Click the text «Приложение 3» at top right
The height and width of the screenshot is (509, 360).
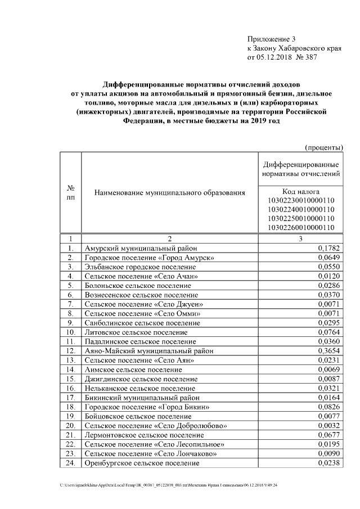(x=271, y=39)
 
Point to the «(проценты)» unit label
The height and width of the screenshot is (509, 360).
(x=324, y=148)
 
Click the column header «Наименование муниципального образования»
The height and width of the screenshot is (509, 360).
(x=170, y=193)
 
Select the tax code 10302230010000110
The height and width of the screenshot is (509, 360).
(x=301, y=200)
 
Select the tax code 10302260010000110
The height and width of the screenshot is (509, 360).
(x=301, y=227)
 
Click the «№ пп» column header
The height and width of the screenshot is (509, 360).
(x=71, y=193)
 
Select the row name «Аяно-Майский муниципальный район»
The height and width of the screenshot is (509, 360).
(x=148, y=350)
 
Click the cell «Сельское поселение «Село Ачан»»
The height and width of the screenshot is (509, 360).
(x=141, y=276)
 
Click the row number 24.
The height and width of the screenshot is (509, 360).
(x=71, y=463)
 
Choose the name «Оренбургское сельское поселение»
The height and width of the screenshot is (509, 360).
(x=142, y=463)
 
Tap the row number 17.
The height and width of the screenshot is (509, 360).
(x=71, y=397)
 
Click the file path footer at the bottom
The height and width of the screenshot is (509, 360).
(x=169, y=485)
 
